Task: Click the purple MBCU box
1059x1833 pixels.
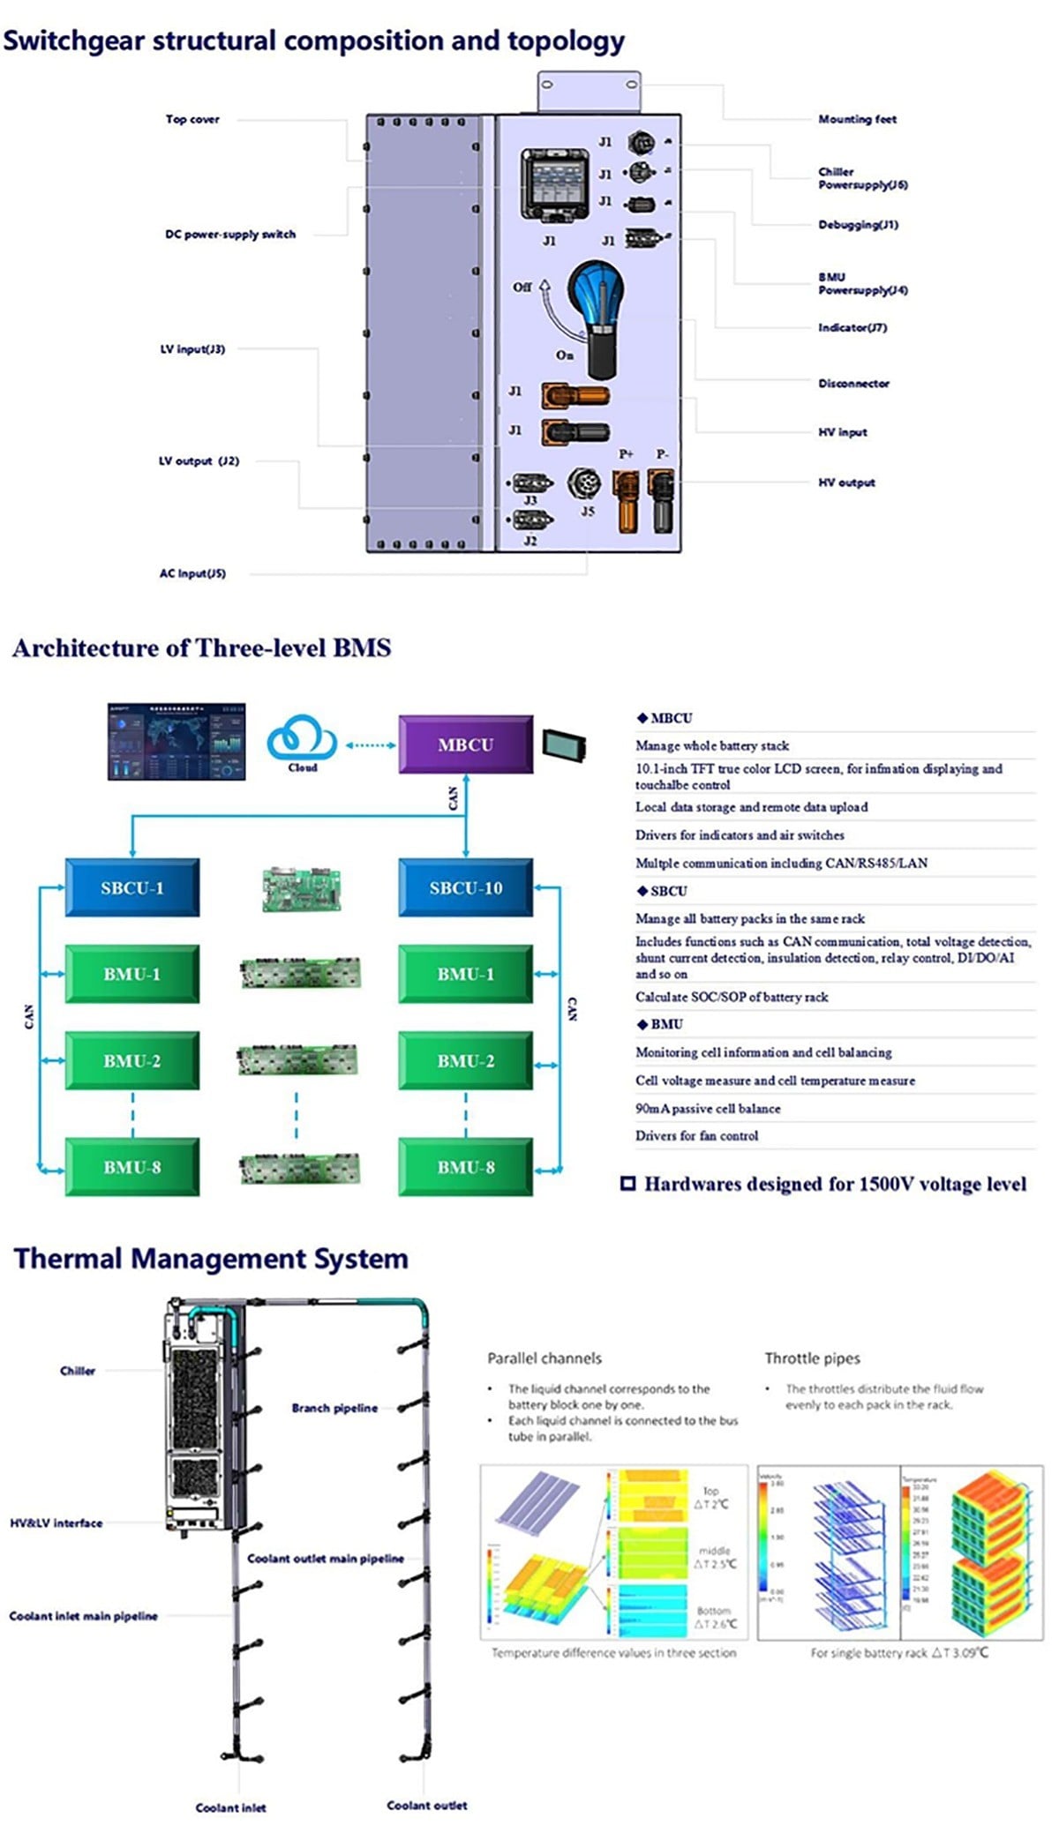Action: click(465, 744)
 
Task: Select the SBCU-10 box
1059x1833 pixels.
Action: click(465, 887)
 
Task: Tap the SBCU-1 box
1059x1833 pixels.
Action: click(131, 887)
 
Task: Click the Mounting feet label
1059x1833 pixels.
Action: click(856, 119)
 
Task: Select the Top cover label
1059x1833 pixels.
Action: click(192, 119)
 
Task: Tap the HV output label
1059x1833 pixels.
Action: click(845, 483)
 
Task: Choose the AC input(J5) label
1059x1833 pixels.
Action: click(192, 573)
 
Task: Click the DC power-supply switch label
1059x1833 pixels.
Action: click(229, 234)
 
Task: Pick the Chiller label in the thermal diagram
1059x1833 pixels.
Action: click(78, 1371)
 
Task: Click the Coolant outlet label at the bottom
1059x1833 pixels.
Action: click(426, 1805)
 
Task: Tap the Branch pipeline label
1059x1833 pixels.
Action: click(334, 1408)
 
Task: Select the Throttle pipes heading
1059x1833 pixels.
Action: click(812, 1358)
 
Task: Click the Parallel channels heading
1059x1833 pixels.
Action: click(545, 1358)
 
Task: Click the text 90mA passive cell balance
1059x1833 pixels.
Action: click(708, 1108)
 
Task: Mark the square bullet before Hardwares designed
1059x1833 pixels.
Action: click(628, 1184)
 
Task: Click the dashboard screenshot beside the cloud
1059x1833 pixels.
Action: click(176, 741)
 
